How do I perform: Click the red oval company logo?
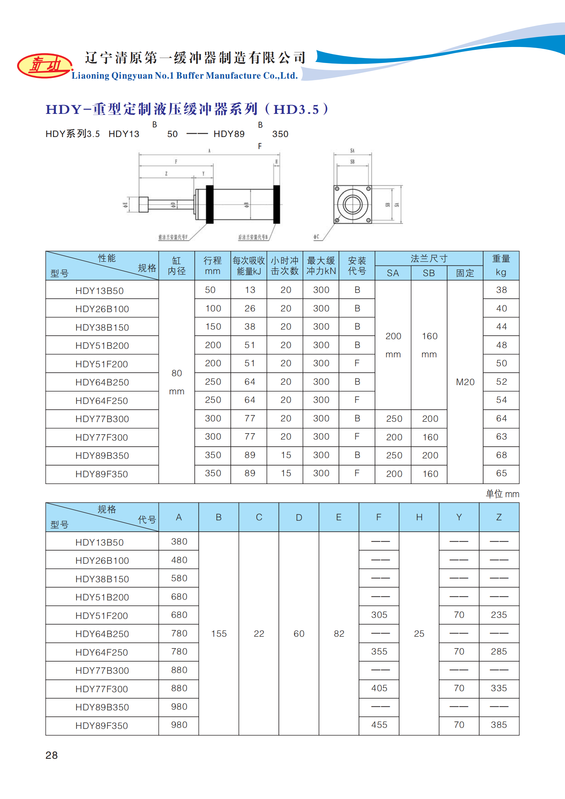pos(45,65)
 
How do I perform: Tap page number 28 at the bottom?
pos(52,755)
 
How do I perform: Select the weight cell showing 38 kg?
pos(501,290)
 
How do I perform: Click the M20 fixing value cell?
pos(465,382)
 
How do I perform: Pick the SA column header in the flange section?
pos(393,273)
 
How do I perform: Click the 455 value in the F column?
pos(379,725)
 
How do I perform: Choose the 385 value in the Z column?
pos(499,725)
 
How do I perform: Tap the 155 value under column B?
pos(219,634)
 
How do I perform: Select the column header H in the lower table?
pos(419,517)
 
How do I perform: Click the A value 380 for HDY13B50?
pos(179,542)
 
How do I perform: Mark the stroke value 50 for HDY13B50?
pos(210,290)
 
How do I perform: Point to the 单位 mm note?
pos(502,494)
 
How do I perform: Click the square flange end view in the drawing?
pos(352,204)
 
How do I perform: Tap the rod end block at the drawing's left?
pos(143,204)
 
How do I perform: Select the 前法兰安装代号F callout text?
pos(173,237)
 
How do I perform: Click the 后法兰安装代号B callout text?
pos(253,237)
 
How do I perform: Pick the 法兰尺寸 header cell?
pos(429,259)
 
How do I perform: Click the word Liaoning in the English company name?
pos(90,76)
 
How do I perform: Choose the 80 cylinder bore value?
pos(177,373)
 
